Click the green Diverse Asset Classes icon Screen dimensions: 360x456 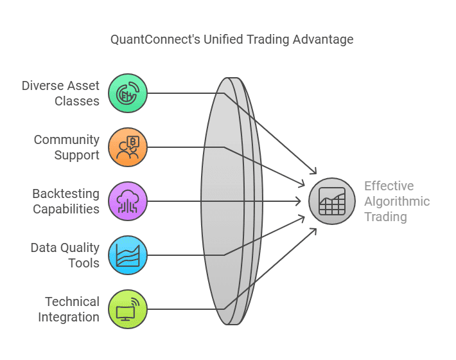128,93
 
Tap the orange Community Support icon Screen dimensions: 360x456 128,147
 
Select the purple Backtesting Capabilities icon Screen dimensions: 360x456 128,201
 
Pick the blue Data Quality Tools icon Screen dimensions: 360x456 128,255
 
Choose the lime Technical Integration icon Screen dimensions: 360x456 128,309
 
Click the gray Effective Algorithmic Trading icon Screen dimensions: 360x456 332,201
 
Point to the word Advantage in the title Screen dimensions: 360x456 322,40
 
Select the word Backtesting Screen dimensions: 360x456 66,194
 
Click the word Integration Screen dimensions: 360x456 69,317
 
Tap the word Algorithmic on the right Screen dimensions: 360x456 397,201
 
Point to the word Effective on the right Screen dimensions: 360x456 389,186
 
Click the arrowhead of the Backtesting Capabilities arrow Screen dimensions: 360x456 299,201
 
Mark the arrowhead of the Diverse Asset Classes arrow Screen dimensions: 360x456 314,172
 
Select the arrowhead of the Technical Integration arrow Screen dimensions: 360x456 314,231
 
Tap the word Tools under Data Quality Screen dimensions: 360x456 83,263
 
